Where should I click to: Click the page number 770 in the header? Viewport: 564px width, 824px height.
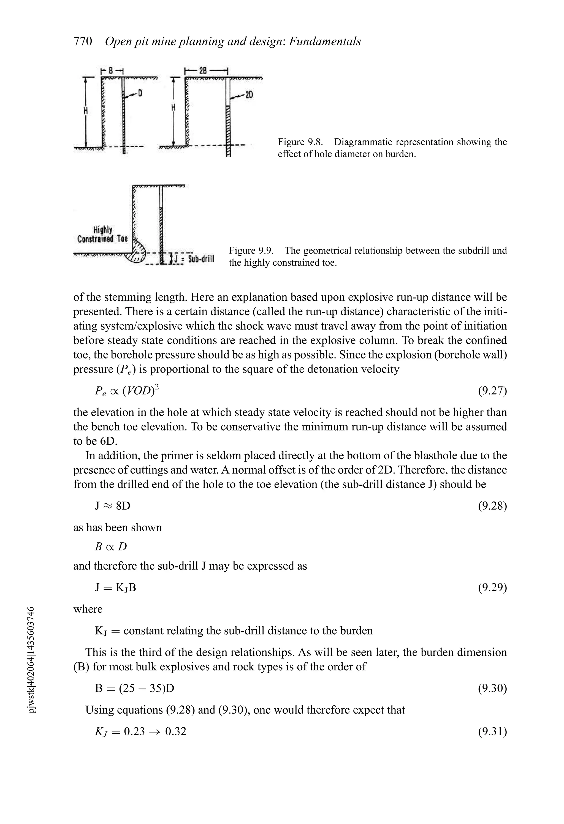pos(83,42)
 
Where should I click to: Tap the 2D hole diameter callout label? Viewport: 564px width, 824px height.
pos(249,95)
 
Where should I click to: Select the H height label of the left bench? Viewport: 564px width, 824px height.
pos(85,111)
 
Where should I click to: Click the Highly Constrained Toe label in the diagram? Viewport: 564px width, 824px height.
pos(102,234)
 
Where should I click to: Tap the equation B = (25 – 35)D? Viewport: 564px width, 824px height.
pos(134,688)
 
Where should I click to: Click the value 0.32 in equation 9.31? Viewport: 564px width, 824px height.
pos(176,731)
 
